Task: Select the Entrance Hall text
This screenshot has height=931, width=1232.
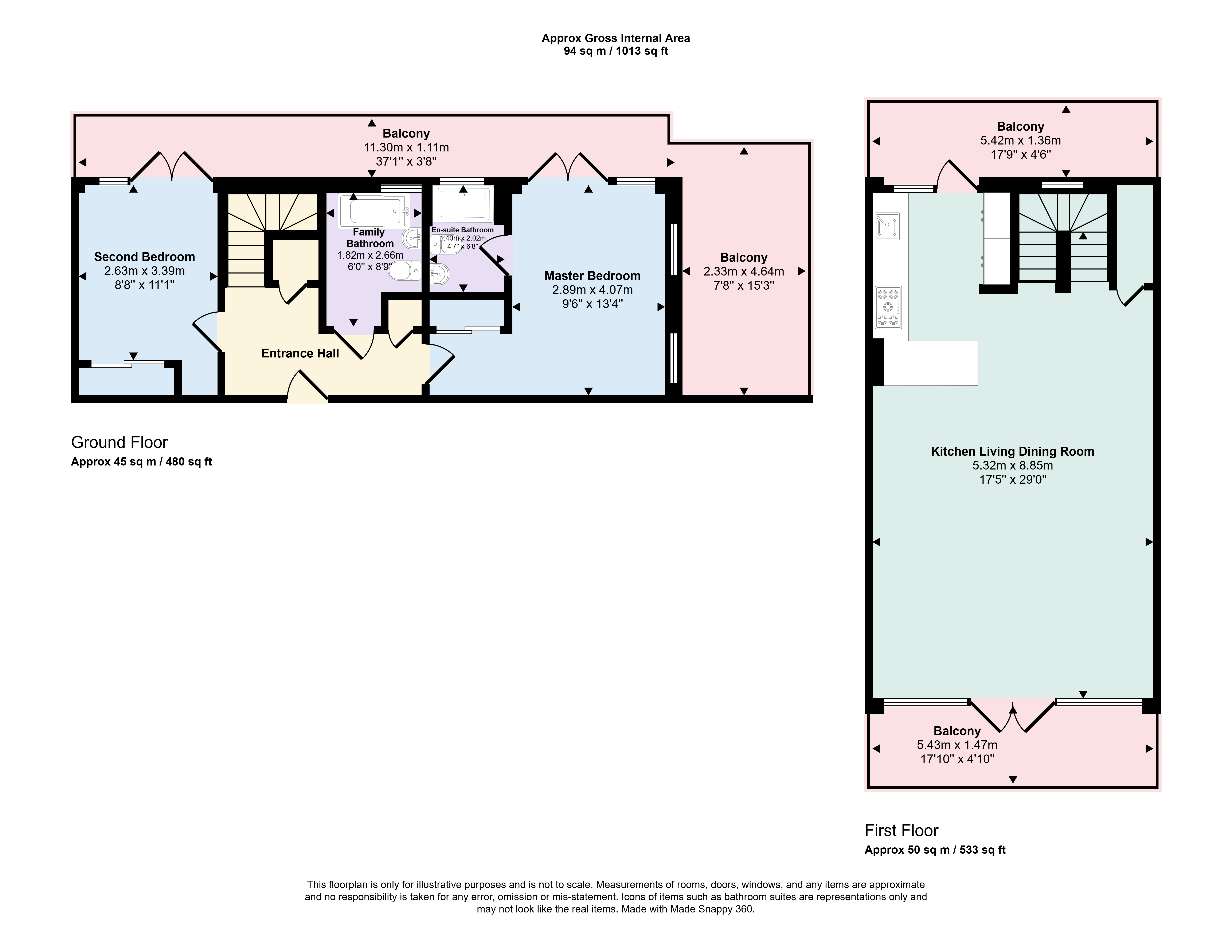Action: pyautogui.click(x=300, y=353)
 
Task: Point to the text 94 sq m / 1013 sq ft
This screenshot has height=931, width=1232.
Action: pyautogui.click(x=616, y=51)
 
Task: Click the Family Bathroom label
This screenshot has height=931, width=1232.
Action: pyautogui.click(x=370, y=238)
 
